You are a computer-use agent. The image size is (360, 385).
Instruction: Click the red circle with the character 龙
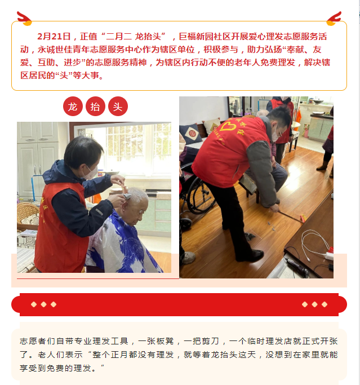[73, 107]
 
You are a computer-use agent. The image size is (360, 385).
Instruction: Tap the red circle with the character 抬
[95, 107]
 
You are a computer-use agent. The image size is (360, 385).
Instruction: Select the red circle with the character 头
[118, 107]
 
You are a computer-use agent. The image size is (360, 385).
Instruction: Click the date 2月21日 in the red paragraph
[54, 37]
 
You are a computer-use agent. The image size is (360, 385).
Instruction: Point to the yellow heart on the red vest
[228, 127]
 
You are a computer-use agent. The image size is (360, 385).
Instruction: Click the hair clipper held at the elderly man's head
[127, 196]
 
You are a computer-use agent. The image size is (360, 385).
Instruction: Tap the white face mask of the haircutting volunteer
[90, 172]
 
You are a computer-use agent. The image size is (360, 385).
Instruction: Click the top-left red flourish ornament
[24, 18]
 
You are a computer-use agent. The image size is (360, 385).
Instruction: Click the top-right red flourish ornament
[334, 18]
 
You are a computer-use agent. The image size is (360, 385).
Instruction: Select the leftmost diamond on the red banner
[34, 304]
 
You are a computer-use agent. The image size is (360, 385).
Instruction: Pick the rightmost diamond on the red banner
[325, 304]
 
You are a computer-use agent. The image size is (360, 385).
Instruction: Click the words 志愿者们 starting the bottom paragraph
[37, 341]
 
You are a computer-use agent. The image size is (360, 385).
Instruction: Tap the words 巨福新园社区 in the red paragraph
[205, 37]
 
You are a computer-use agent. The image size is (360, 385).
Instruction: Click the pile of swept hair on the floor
[250, 237]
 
